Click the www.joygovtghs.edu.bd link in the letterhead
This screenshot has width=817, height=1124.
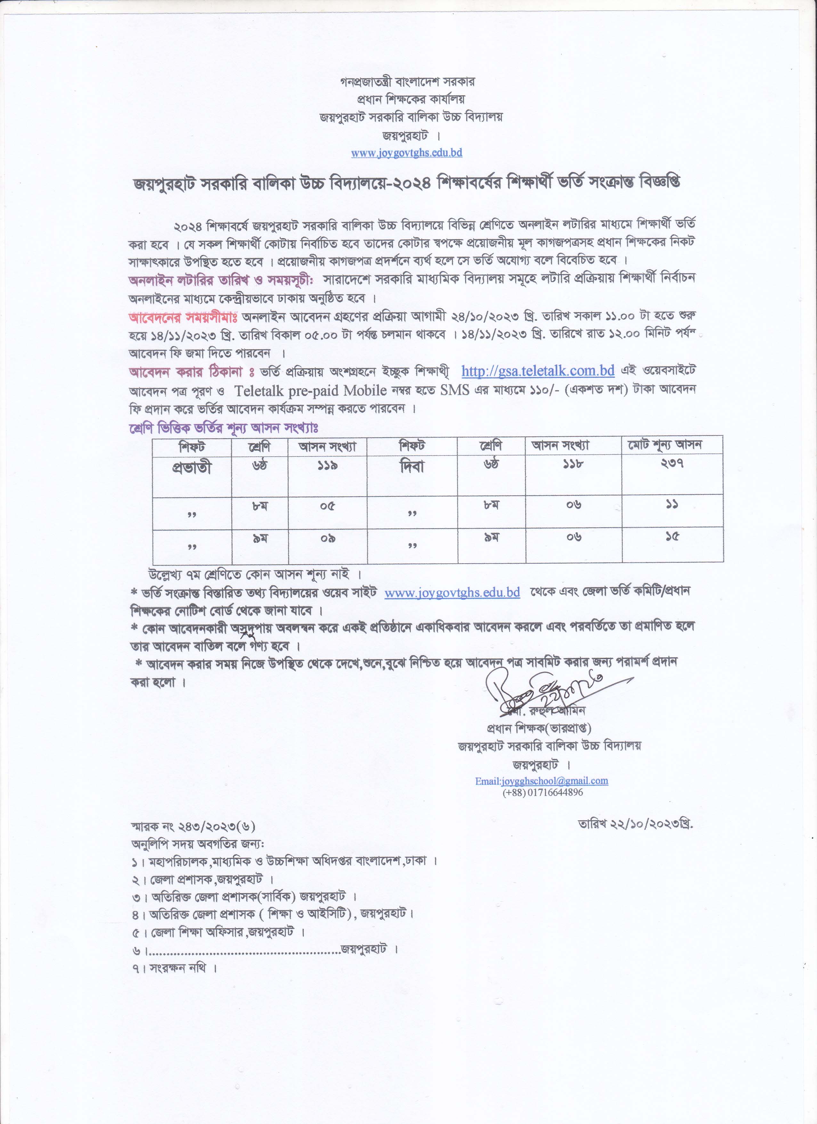(407, 153)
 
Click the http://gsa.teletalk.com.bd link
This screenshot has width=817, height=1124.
(538, 371)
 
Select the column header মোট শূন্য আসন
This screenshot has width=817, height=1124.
(672, 445)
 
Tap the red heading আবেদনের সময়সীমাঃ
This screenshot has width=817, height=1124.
(183, 316)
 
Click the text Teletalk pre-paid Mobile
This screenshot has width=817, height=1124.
(311, 391)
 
